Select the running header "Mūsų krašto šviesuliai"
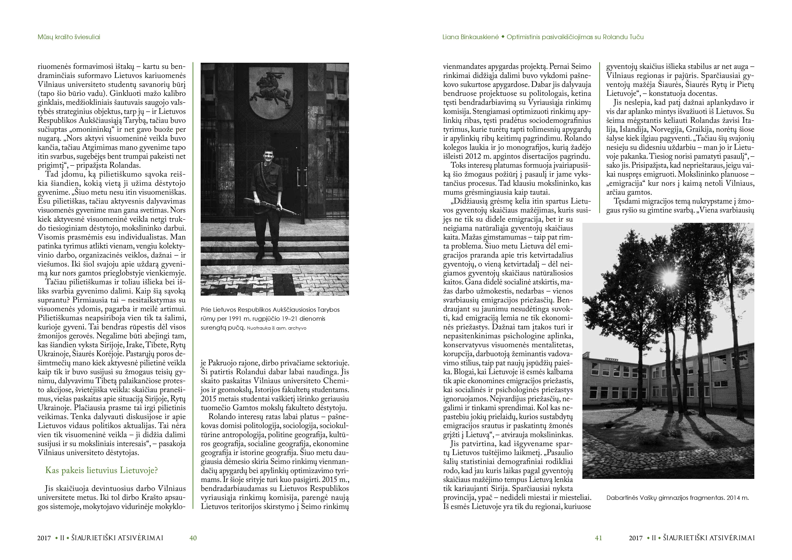(69, 37)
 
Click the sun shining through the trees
(669, 277)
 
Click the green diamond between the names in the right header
(503, 37)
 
